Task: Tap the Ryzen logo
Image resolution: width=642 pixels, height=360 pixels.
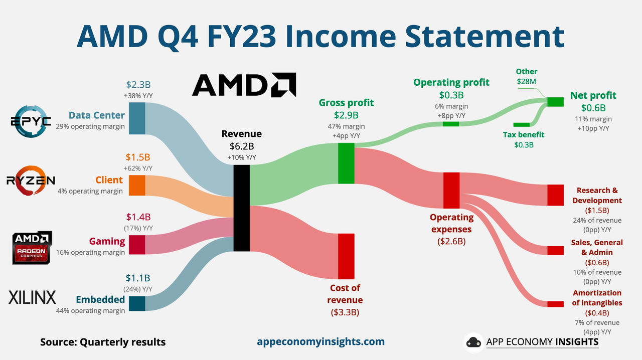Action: coord(31,181)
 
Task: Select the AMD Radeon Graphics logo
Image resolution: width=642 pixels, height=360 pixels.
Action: coord(32,247)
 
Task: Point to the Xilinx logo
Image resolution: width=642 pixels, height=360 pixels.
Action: coord(32,297)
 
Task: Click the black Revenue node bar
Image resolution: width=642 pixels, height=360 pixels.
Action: coord(242,208)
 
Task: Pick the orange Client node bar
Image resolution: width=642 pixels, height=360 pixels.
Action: coord(137,185)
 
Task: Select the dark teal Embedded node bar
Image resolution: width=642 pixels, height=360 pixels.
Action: coord(137,303)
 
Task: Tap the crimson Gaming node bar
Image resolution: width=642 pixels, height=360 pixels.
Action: coord(137,244)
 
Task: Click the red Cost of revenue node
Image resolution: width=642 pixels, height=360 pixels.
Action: coord(346,256)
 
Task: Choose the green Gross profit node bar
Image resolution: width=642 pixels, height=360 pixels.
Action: coord(346,163)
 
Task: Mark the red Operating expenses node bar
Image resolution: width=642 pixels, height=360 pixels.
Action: coord(451,190)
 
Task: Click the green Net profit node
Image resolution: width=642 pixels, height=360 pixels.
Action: coord(555,102)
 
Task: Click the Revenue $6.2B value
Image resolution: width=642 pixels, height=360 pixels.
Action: coord(242,146)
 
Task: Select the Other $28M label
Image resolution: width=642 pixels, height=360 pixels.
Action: coord(526,76)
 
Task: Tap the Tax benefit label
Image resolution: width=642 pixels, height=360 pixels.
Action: coord(524,134)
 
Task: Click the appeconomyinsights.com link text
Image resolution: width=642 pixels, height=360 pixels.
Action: coord(320,341)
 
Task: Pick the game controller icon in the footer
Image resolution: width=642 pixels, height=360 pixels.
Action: coord(473,342)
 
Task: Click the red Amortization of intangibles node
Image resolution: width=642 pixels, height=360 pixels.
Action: coord(555,304)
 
